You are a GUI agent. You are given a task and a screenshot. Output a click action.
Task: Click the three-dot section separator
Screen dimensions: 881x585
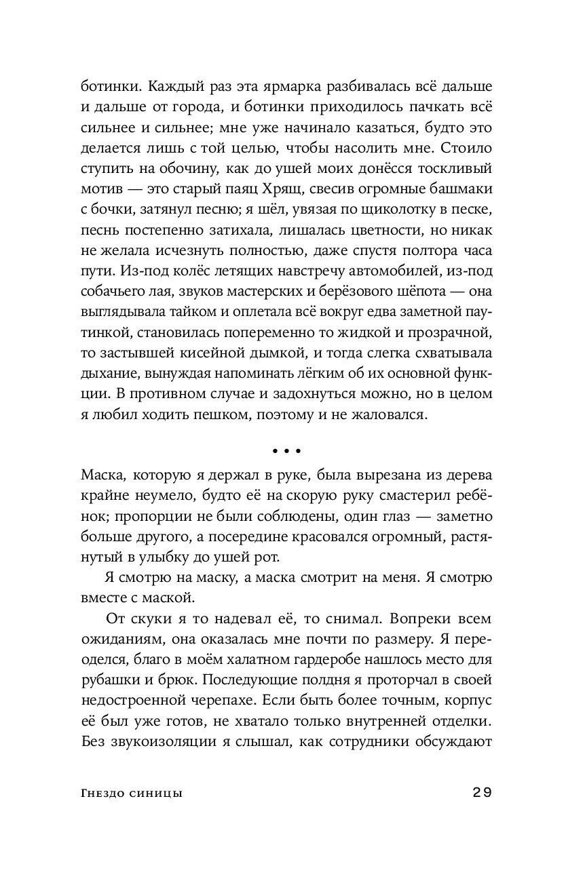click(x=286, y=450)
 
